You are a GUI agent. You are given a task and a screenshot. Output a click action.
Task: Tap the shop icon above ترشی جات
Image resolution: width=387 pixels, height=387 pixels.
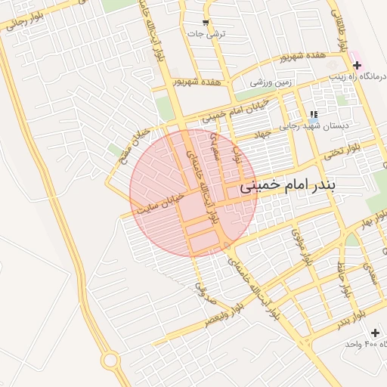[206, 22]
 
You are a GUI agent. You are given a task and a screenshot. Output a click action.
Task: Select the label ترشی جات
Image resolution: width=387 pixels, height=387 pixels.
[206, 35]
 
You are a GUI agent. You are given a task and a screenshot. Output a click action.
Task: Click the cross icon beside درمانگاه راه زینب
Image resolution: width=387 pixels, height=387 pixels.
[357, 66]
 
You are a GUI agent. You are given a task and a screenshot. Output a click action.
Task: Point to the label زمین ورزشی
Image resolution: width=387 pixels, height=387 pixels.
[271, 81]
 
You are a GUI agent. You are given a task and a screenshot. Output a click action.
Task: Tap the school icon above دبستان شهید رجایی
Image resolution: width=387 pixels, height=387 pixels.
[313, 116]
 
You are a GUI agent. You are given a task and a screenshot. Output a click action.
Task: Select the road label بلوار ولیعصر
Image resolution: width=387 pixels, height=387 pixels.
[226, 315]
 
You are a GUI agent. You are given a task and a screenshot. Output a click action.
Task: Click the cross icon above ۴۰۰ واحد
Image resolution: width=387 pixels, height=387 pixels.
[376, 332]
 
